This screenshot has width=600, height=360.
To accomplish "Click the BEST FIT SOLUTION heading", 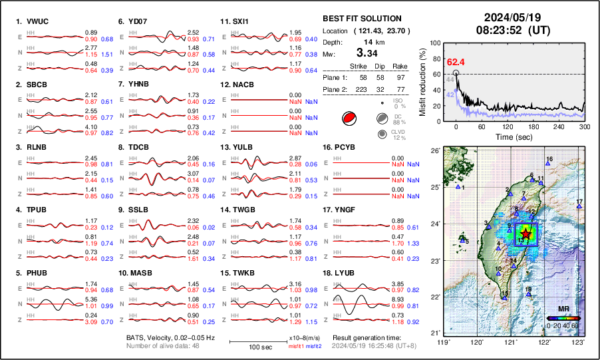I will click(x=362, y=19).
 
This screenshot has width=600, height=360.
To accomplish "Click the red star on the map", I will click(x=526, y=234).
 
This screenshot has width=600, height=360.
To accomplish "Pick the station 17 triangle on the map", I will click(x=579, y=207).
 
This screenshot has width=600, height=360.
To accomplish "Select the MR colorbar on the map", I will click(x=563, y=317).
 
